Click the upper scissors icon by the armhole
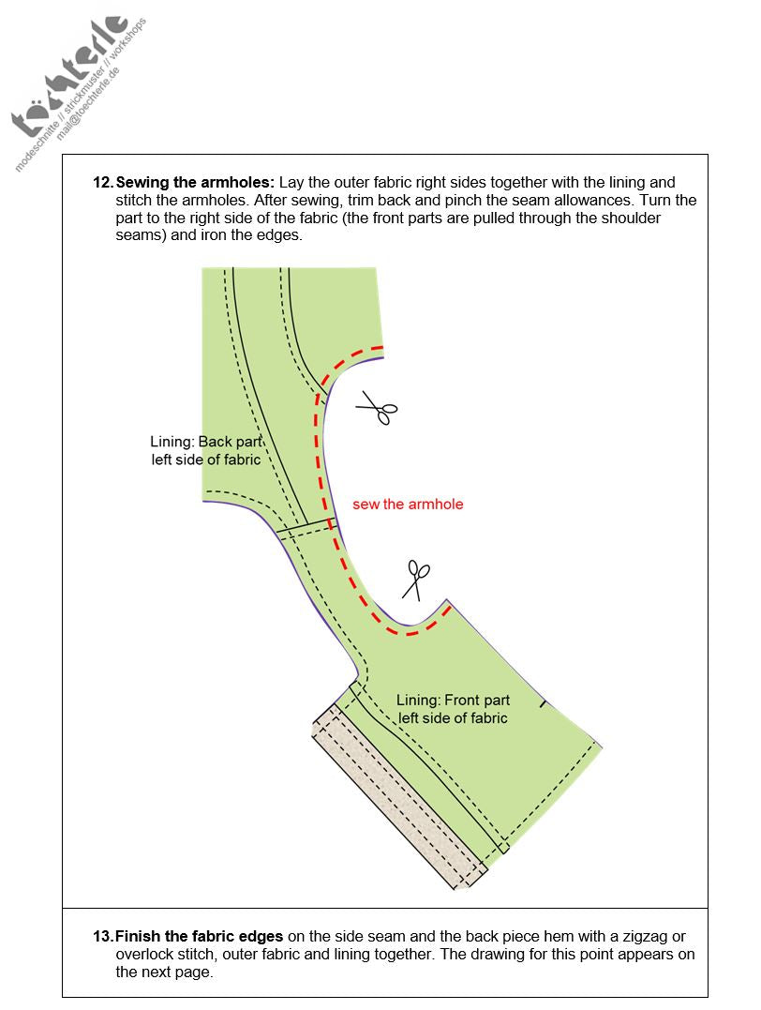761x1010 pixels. click(x=377, y=410)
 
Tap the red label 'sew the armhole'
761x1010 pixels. click(x=408, y=505)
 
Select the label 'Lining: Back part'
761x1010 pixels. click(x=205, y=442)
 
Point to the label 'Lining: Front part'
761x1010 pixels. click(x=453, y=701)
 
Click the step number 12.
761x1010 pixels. click(x=102, y=183)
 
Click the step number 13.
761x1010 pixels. click(x=102, y=936)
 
